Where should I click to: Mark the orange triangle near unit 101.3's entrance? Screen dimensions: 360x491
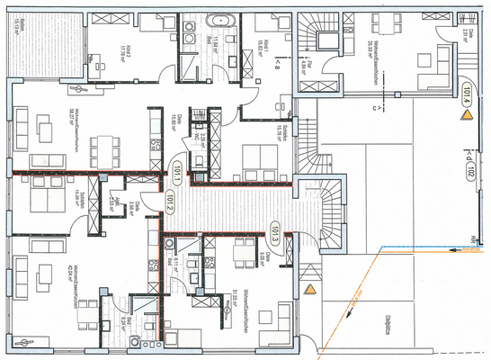click(x=310, y=289)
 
